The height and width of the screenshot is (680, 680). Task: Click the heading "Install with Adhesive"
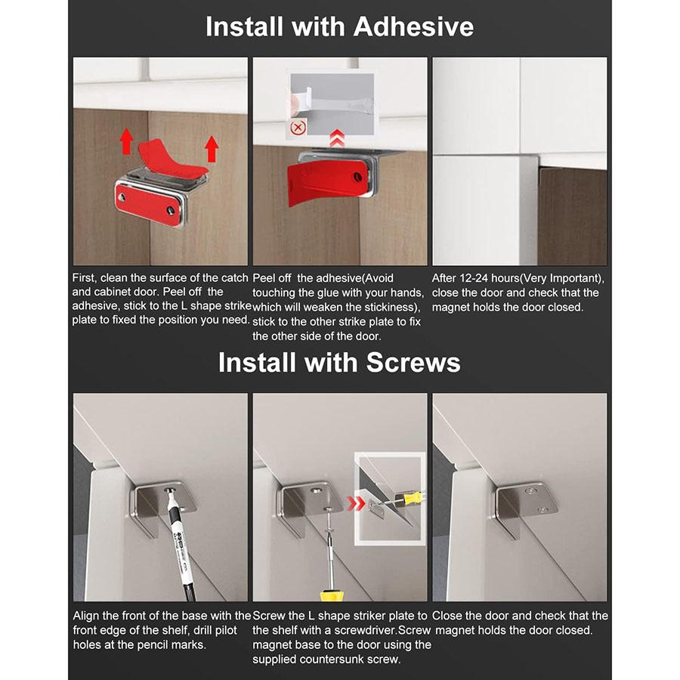point(339,27)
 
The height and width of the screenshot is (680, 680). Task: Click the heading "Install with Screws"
point(339,363)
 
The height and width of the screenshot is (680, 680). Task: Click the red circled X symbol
point(298,128)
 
